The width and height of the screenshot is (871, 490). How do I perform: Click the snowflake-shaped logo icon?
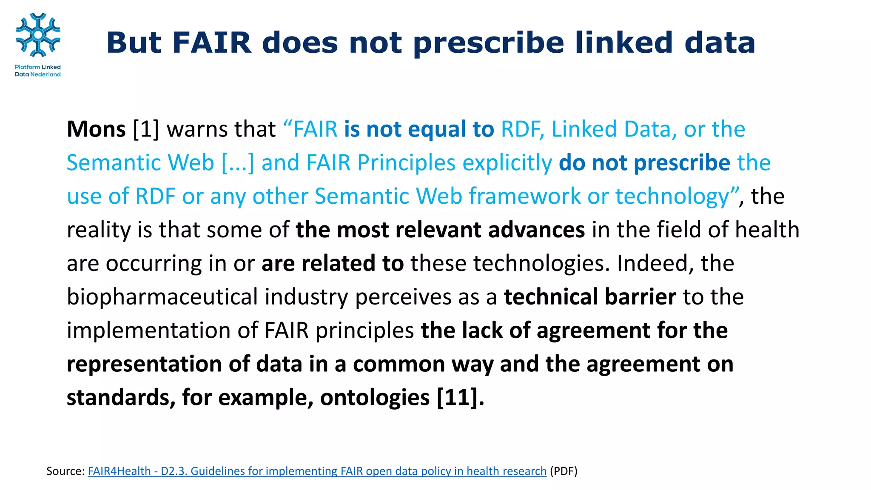tap(38, 35)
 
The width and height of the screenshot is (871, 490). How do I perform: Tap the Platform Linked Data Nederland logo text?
tap(38, 71)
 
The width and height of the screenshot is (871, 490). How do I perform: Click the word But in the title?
tap(134, 43)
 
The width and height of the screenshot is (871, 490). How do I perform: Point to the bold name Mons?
tap(96, 129)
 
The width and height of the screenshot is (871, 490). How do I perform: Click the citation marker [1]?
tap(146, 129)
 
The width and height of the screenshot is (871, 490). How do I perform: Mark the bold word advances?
tap(536, 230)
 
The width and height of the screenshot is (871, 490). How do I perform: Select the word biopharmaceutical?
tap(162, 296)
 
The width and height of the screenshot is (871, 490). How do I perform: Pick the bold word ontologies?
tap(375, 398)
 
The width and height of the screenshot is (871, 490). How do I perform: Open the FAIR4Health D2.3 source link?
tap(317, 471)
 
